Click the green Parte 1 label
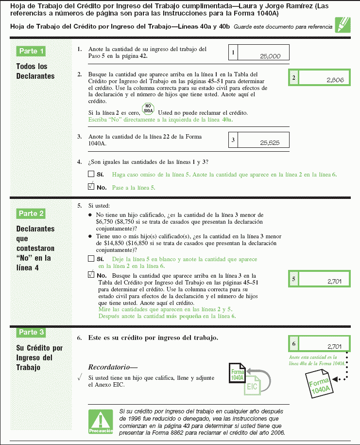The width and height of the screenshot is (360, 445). click(x=31, y=51)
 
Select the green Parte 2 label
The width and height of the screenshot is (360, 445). click(x=31, y=213)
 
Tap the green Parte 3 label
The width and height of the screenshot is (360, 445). click(x=31, y=332)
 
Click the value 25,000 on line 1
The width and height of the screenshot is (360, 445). click(x=270, y=56)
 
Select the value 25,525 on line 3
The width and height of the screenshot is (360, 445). click(x=270, y=143)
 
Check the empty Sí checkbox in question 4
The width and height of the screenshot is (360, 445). click(x=91, y=174)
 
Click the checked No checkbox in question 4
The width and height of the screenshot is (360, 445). click(x=91, y=186)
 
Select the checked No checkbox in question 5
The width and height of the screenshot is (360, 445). click(x=91, y=274)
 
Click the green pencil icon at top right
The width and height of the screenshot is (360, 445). click(x=343, y=24)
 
